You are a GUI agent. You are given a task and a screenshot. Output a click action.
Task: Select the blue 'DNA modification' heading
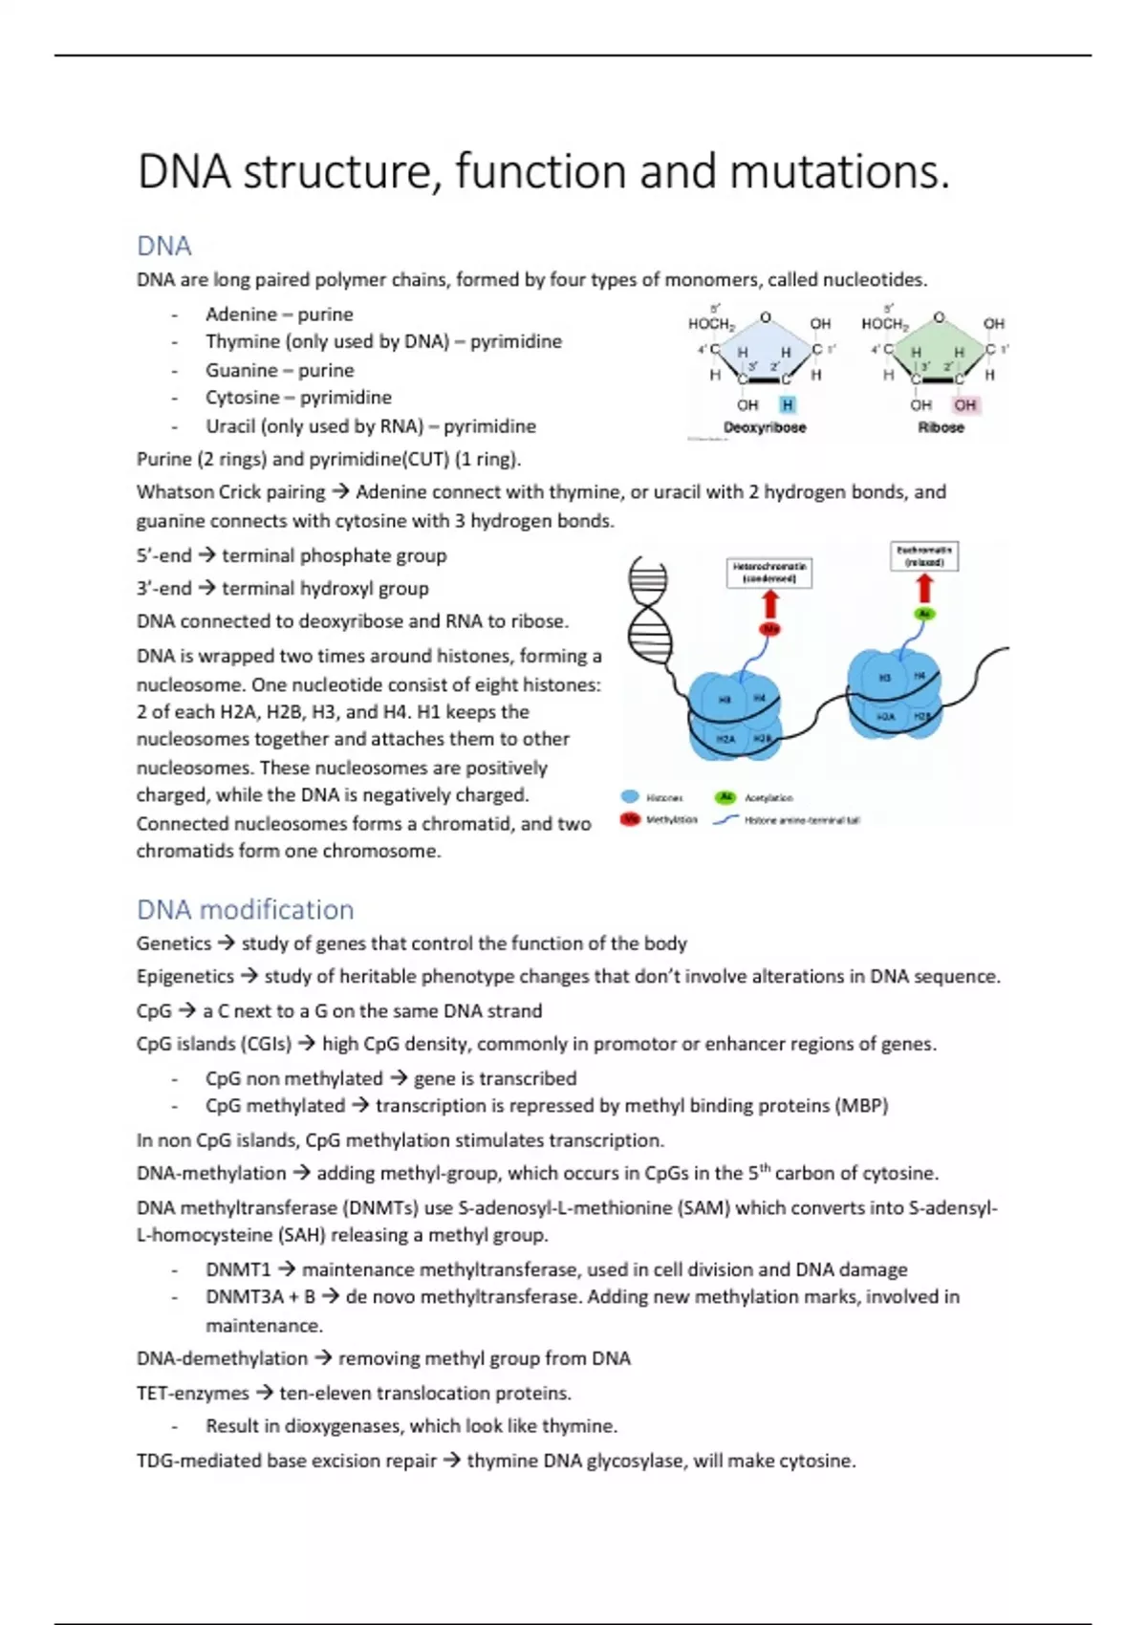point(245,909)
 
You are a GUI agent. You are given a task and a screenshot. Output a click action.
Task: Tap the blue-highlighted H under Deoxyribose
point(788,405)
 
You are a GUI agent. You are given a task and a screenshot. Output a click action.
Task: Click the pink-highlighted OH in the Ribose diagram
point(965,405)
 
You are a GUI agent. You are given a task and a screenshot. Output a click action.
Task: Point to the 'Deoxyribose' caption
point(765,427)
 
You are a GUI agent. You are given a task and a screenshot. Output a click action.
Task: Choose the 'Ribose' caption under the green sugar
point(941,427)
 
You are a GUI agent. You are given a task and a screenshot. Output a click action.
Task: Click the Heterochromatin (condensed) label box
point(769,573)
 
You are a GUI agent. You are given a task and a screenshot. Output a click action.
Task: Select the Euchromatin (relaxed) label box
point(923,556)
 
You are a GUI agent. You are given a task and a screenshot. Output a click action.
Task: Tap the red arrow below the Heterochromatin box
point(770,605)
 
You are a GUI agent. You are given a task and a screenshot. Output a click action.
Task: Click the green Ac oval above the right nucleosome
point(923,614)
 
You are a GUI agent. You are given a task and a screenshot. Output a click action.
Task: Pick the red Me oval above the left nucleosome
point(770,629)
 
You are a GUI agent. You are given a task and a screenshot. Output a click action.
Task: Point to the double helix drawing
point(647,606)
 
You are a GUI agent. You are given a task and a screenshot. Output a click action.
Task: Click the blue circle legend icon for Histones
point(630,797)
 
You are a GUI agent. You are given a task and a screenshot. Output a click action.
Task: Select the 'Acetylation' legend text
point(768,798)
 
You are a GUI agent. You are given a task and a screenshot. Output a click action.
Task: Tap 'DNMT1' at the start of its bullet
point(238,1269)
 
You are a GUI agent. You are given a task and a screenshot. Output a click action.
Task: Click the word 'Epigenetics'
point(184,976)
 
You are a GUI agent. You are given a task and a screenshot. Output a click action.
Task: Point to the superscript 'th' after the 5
point(765,1167)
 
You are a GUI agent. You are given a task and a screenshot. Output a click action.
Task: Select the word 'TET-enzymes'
point(192,1393)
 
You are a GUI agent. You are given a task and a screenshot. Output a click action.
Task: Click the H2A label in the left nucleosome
point(726,739)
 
